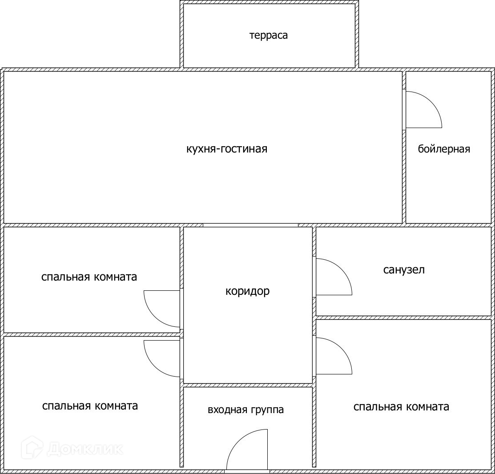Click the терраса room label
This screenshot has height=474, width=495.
[268, 36]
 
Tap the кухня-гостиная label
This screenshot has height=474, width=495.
[227, 149]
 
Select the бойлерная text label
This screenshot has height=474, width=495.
[444, 149]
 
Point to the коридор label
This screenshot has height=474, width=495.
[247, 291]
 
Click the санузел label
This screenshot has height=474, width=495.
[404, 270]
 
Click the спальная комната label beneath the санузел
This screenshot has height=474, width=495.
[401, 407]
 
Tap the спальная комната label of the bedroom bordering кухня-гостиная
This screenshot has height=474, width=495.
[89, 277]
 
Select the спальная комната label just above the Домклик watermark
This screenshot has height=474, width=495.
[90, 406]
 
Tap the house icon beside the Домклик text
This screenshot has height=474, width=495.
[33, 448]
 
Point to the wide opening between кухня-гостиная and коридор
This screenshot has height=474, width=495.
[250, 225]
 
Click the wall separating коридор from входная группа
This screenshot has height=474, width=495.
[248, 385]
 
